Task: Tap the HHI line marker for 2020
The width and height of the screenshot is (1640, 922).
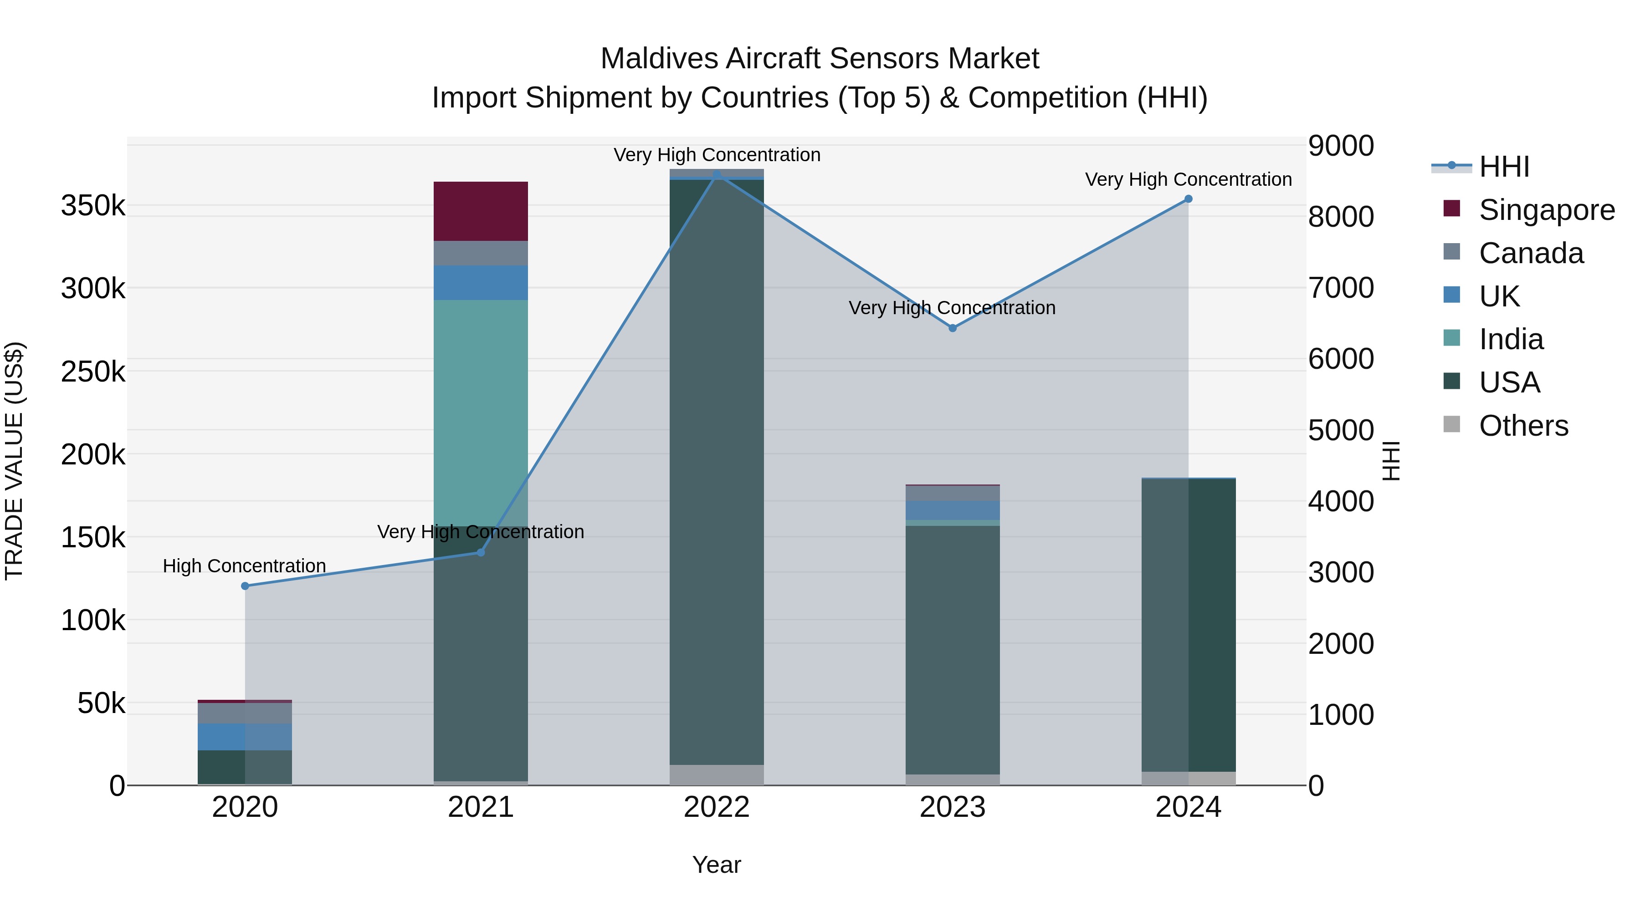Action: (x=245, y=586)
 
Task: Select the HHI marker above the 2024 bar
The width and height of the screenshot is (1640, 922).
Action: (x=1188, y=199)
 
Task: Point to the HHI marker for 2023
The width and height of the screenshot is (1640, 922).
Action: (x=953, y=328)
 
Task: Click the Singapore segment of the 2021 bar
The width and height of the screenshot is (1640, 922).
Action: (x=481, y=211)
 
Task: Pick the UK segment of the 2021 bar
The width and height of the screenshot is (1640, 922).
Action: (x=481, y=282)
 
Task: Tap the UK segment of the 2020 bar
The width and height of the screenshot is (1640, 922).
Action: (x=245, y=737)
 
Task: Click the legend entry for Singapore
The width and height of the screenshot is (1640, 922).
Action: (x=1547, y=210)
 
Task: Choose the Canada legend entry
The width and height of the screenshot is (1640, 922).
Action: (x=1531, y=253)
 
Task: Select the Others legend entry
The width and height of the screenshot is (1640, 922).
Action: (x=1523, y=426)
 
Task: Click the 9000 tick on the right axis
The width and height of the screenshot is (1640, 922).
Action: (x=1341, y=146)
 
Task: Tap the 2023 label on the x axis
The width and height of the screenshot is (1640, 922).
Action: (x=953, y=807)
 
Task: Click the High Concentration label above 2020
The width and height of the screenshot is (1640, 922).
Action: (x=245, y=565)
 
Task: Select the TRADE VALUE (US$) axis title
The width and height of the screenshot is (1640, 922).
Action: (x=14, y=461)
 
